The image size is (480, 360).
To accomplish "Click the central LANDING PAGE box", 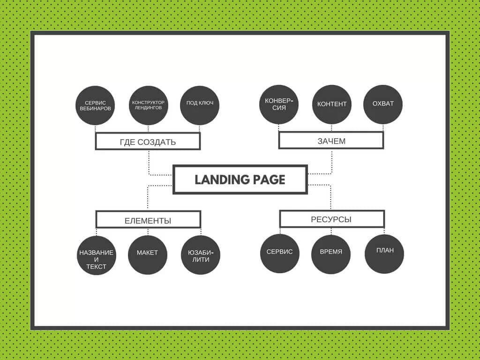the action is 240,180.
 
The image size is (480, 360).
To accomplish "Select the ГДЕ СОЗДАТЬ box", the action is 148,142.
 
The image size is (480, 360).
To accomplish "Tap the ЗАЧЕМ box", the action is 331,141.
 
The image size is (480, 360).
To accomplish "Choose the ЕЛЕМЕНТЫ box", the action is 149,219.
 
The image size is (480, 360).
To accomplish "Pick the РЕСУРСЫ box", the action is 332,218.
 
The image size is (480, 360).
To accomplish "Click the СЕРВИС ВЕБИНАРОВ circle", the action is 95,105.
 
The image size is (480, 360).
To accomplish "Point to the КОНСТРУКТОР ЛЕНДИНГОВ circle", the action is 149,105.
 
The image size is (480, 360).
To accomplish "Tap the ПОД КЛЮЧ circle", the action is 200,105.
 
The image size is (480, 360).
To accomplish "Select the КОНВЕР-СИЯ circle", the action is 279,105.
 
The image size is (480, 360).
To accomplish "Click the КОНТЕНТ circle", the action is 332,105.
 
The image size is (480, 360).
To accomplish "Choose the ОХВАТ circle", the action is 383,105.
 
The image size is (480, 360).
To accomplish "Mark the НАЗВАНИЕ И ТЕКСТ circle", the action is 97,255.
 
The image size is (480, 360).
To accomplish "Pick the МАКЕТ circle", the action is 148,255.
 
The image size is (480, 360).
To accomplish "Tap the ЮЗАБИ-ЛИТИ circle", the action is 201,255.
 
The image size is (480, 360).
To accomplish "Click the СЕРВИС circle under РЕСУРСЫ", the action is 280,254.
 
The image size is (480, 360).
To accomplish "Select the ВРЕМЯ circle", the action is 331,255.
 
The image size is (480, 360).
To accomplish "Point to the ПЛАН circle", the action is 384,254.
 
